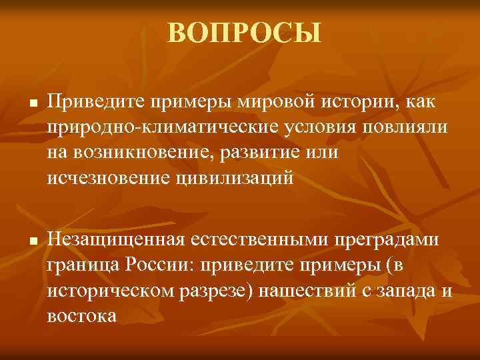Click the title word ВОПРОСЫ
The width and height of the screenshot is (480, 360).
(244, 32)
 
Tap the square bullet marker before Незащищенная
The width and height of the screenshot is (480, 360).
(32, 241)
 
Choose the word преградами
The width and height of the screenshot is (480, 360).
(391, 240)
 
